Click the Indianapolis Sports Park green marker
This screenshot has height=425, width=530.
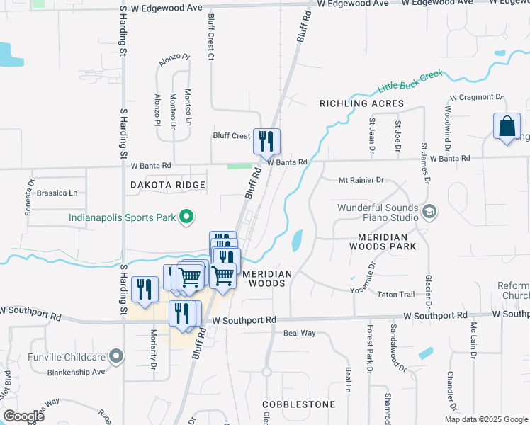pos(186,217)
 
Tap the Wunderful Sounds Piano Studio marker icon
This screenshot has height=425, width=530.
pos(429,211)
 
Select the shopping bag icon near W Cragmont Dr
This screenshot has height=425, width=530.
pos(507,128)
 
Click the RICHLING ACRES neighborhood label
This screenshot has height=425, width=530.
pos(361,103)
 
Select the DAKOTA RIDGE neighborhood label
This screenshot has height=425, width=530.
pos(168,185)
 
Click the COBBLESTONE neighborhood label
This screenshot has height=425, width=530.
pos(298,404)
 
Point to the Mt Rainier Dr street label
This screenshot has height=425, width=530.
pos(361,181)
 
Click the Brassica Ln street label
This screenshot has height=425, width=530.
pos(57,193)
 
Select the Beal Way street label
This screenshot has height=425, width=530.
pos(299,332)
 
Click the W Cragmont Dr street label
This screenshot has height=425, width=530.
pos(476,97)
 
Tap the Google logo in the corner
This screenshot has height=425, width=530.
pos(23,416)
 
